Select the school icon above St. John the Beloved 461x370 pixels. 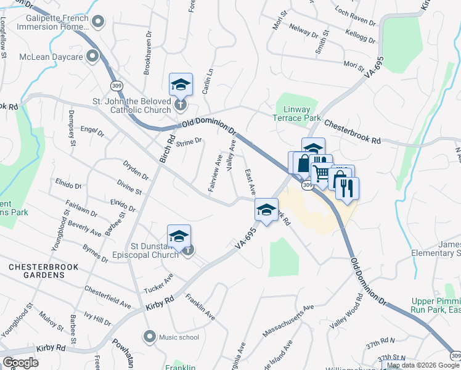(181, 84)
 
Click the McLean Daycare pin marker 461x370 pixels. (92, 57)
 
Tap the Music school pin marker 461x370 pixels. (149, 337)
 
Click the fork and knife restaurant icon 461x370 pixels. (348, 189)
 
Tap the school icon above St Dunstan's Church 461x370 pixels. (179, 236)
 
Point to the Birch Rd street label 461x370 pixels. (167, 149)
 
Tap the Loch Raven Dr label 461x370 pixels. (356, 16)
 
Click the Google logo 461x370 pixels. (20, 362)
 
